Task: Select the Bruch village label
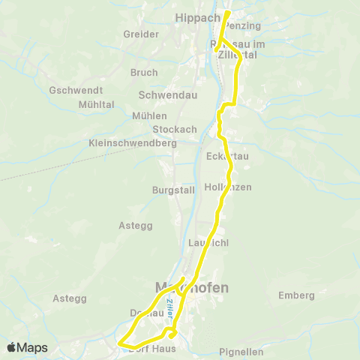coord(144,73)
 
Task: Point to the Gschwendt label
coord(70,89)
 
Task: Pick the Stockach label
coord(178,129)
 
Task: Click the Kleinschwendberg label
coord(132,142)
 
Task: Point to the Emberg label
coord(296,295)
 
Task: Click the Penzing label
coord(243,25)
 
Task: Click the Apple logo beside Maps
coord(12,347)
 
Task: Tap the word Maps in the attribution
coord(33,347)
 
